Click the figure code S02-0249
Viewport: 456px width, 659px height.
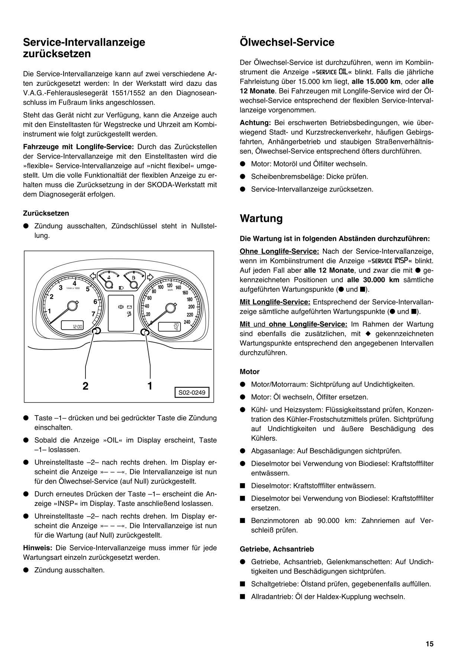(192, 393)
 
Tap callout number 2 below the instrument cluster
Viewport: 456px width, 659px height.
(85, 386)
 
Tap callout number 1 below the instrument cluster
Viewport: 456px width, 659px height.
(150, 386)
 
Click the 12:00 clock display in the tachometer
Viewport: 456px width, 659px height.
(77, 327)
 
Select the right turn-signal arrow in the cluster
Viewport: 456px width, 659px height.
(150, 277)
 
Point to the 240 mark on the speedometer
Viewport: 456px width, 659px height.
(187, 322)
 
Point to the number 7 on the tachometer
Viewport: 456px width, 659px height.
(93, 314)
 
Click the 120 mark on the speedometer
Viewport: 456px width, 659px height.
(169, 285)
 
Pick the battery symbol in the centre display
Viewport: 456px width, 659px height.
(129, 307)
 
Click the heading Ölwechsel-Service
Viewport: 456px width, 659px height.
(287, 42)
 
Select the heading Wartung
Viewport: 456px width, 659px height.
(261, 218)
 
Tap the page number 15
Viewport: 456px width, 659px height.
(430, 644)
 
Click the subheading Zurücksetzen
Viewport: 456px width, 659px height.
(46, 213)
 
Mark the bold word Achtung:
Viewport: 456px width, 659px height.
(255, 123)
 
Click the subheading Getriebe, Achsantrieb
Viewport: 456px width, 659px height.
(277, 549)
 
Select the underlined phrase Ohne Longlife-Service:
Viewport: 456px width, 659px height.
(279, 251)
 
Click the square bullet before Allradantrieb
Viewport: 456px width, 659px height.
(243, 597)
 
